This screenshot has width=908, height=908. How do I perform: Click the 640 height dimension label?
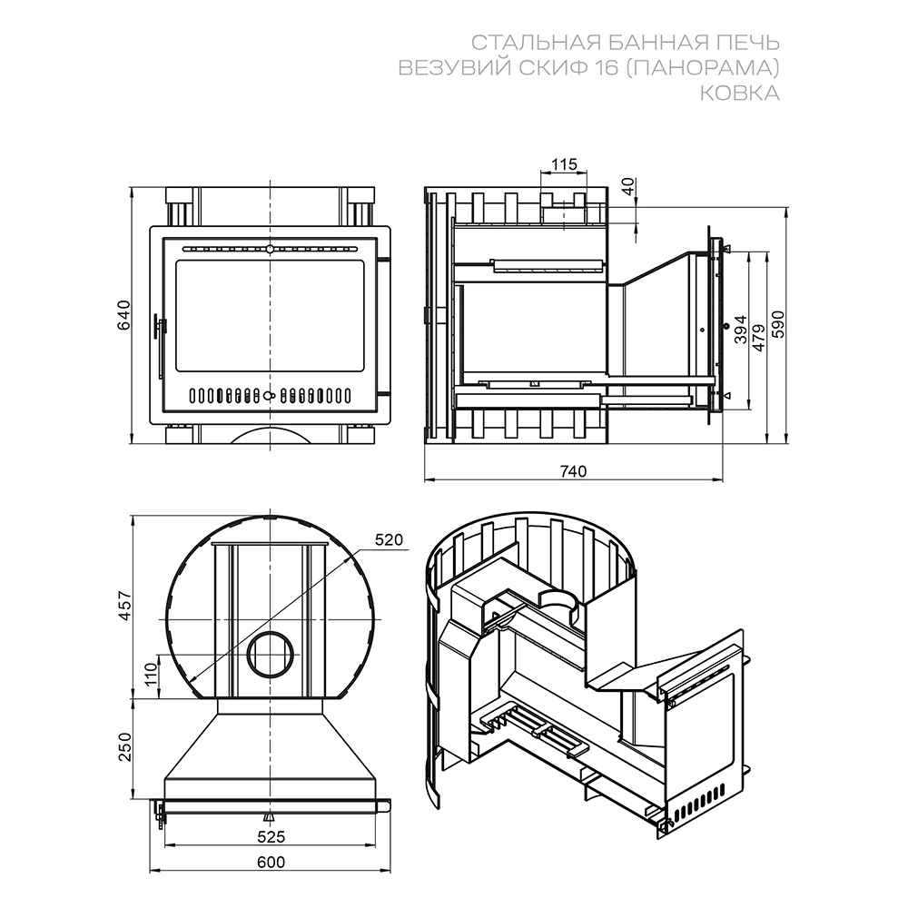pyautogui.click(x=124, y=315)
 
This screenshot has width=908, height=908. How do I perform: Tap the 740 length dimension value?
pyautogui.click(x=573, y=471)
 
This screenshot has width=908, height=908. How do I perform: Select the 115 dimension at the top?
pyautogui.click(x=564, y=164)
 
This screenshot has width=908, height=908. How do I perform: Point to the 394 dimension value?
pyautogui.click(x=741, y=330)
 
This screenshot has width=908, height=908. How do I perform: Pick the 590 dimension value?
pyautogui.click(x=778, y=324)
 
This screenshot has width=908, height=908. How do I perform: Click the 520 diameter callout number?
pyautogui.click(x=389, y=539)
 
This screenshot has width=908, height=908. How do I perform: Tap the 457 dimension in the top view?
pyautogui.click(x=125, y=607)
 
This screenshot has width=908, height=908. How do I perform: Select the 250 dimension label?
pyautogui.click(x=125, y=747)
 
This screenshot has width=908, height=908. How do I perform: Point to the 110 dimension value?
pyautogui.click(x=151, y=675)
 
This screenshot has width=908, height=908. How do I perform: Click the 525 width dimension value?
pyautogui.click(x=271, y=837)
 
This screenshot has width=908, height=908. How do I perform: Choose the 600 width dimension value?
pyautogui.click(x=271, y=863)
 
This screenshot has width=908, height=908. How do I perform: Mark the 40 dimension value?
pyautogui.click(x=629, y=186)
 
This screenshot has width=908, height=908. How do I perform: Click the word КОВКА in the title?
pyautogui.click(x=739, y=94)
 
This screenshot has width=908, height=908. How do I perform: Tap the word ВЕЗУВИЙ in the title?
pyautogui.click(x=446, y=68)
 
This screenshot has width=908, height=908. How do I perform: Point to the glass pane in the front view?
pyautogui.click(x=270, y=316)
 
